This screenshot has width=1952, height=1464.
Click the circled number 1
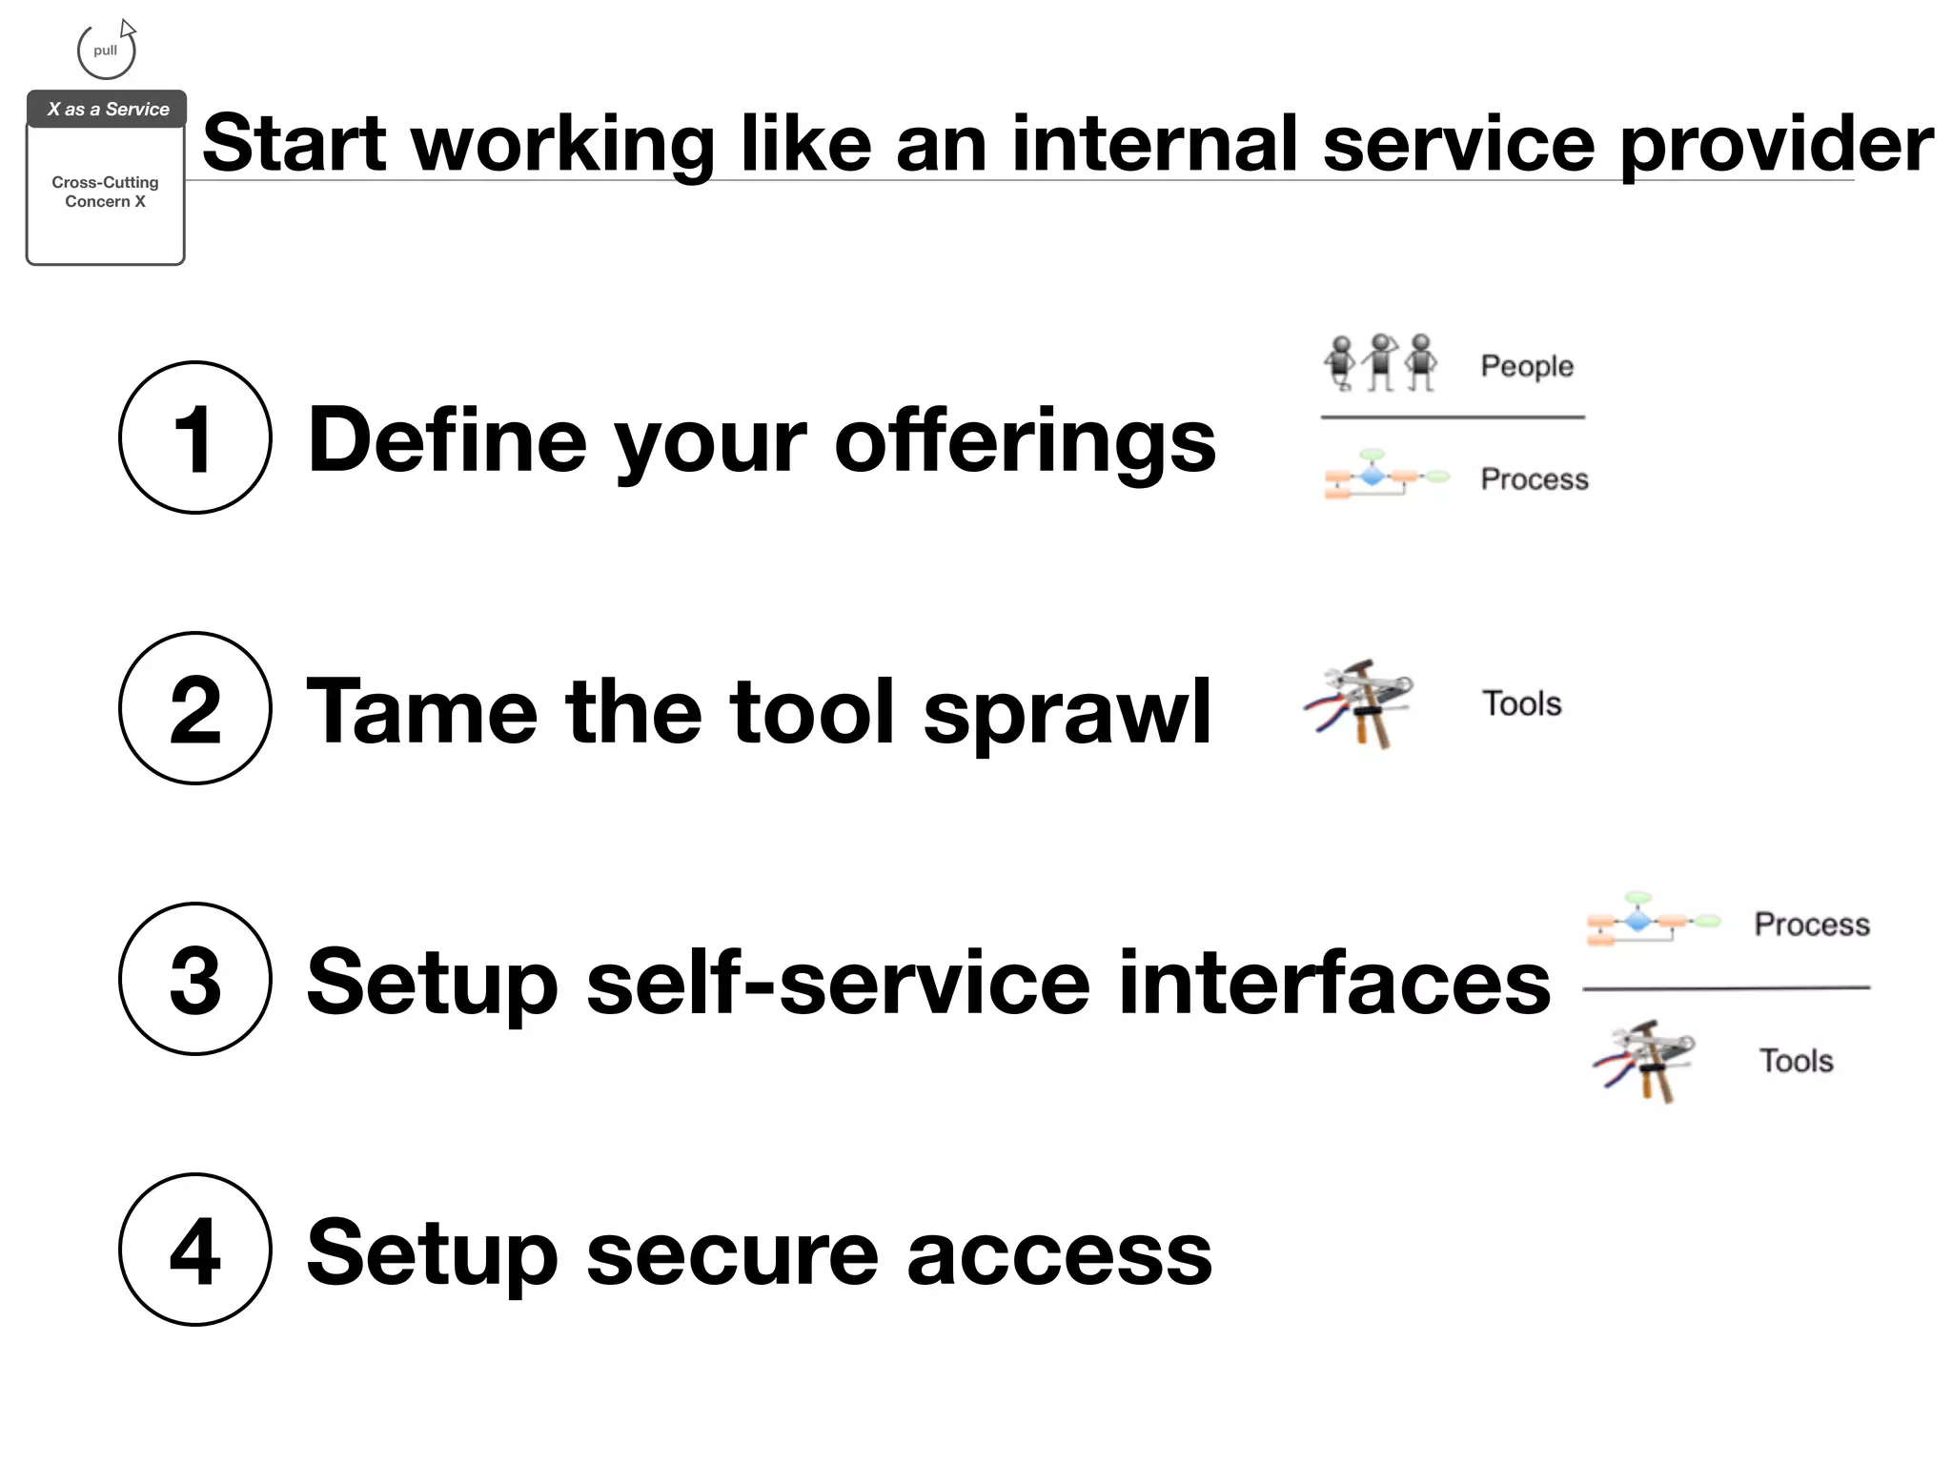click(194, 437)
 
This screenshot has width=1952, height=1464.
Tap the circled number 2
click(194, 708)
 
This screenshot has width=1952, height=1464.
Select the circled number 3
click(194, 979)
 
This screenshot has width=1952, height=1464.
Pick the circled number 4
click(194, 1250)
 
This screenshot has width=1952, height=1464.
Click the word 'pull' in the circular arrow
click(106, 51)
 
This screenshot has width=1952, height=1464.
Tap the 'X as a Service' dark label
click(107, 109)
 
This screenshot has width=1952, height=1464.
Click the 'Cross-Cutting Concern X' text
click(105, 192)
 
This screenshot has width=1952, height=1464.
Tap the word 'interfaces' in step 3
click(1333, 983)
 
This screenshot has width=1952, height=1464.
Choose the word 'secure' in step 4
click(731, 1254)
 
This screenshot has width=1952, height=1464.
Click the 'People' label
click(1526, 366)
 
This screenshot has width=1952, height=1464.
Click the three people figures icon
click(1380, 362)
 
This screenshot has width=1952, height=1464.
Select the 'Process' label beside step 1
click(1534, 478)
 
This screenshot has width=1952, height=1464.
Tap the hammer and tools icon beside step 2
click(1359, 703)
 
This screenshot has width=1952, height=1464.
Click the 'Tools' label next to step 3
click(1796, 1061)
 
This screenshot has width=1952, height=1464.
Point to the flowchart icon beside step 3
click(1652, 921)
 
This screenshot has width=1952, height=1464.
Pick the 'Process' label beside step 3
click(1811, 924)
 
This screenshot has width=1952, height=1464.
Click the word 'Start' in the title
click(295, 144)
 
